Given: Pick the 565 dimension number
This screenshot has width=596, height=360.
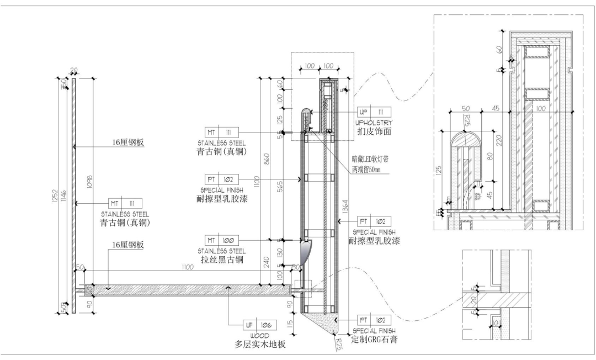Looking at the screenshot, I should click(x=281, y=188).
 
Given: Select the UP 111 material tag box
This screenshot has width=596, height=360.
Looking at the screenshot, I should click(x=374, y=111).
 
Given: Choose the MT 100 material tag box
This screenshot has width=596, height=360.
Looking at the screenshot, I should click(x=221, y=241).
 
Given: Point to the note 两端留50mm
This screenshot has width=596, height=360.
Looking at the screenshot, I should click(x=366, y=169).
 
